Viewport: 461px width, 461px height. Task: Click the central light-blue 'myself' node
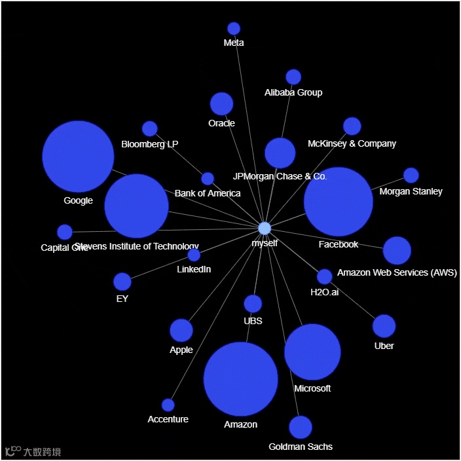[265, 228]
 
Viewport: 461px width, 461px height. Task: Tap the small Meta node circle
[234, 28]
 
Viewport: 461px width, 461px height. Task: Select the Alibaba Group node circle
[293, 77]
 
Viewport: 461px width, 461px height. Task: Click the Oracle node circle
[221, 103]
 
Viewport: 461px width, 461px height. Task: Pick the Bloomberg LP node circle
[150, 128]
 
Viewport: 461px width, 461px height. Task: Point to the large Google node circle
[78, 157]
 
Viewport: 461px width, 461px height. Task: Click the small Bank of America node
[208, 179]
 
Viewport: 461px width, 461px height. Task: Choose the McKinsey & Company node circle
[352, 126]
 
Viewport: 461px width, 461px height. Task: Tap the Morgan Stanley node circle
[411, 175]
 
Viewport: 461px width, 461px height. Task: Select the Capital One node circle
[65, 232]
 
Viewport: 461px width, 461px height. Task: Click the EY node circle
[122, 282]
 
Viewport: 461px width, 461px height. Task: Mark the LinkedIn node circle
[194, 255]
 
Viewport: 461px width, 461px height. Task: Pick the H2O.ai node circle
[324, 276]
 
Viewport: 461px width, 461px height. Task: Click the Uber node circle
[384, 326]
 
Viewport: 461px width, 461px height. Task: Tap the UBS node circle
[253, 304]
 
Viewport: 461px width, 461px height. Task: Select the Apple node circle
[181, 331]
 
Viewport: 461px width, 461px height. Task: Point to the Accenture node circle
[168, 405]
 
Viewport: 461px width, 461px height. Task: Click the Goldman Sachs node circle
[301, 427]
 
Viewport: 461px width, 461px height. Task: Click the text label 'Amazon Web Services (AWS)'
[397, 272]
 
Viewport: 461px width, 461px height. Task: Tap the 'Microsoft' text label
[312, 388]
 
